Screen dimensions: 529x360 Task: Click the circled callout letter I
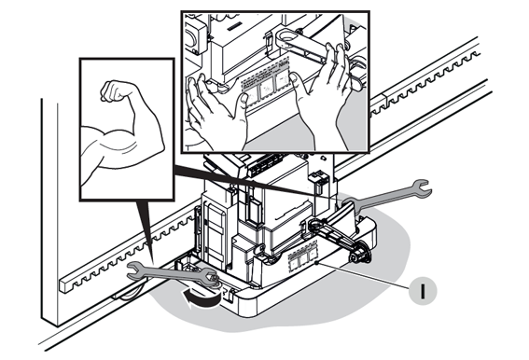tap(423, 290)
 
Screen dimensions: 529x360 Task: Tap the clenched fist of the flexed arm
tap(114, 90)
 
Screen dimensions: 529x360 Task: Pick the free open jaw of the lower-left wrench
tap(135, 270)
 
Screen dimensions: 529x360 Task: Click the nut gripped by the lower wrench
tap(215, 278)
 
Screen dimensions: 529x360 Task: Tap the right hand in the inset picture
tap(322, 102)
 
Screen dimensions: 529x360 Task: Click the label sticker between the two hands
tap(267, 84)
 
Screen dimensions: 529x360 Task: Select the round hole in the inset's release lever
tap(287, 35)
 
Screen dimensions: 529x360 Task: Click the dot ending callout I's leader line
tap(316, 262)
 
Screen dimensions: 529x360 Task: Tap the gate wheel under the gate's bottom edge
tap(132, 293)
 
